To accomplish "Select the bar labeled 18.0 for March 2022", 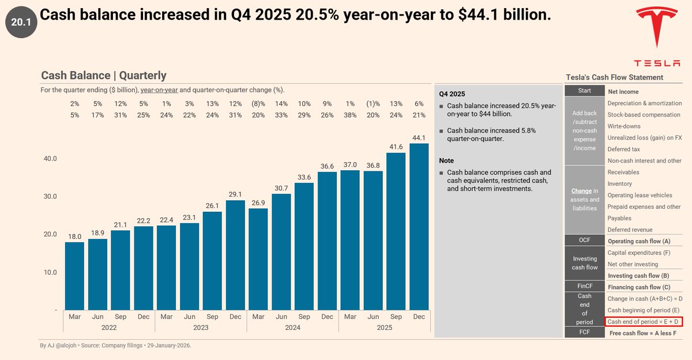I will pos(74,276).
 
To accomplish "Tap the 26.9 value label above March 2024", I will pos(258,202).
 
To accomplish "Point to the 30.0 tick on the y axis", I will pos(51,196).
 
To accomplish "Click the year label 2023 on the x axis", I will pos(200,327).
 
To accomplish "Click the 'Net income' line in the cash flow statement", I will pos(623,92).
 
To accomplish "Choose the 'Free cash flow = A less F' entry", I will pos(642,333).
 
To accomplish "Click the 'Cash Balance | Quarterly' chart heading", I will pos(104,76).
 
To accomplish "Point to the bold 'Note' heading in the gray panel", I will pos(446,160).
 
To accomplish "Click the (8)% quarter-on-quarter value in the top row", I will pos(258,104).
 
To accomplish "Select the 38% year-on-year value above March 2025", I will pos(350,115).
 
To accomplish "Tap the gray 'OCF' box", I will pos(585,240).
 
